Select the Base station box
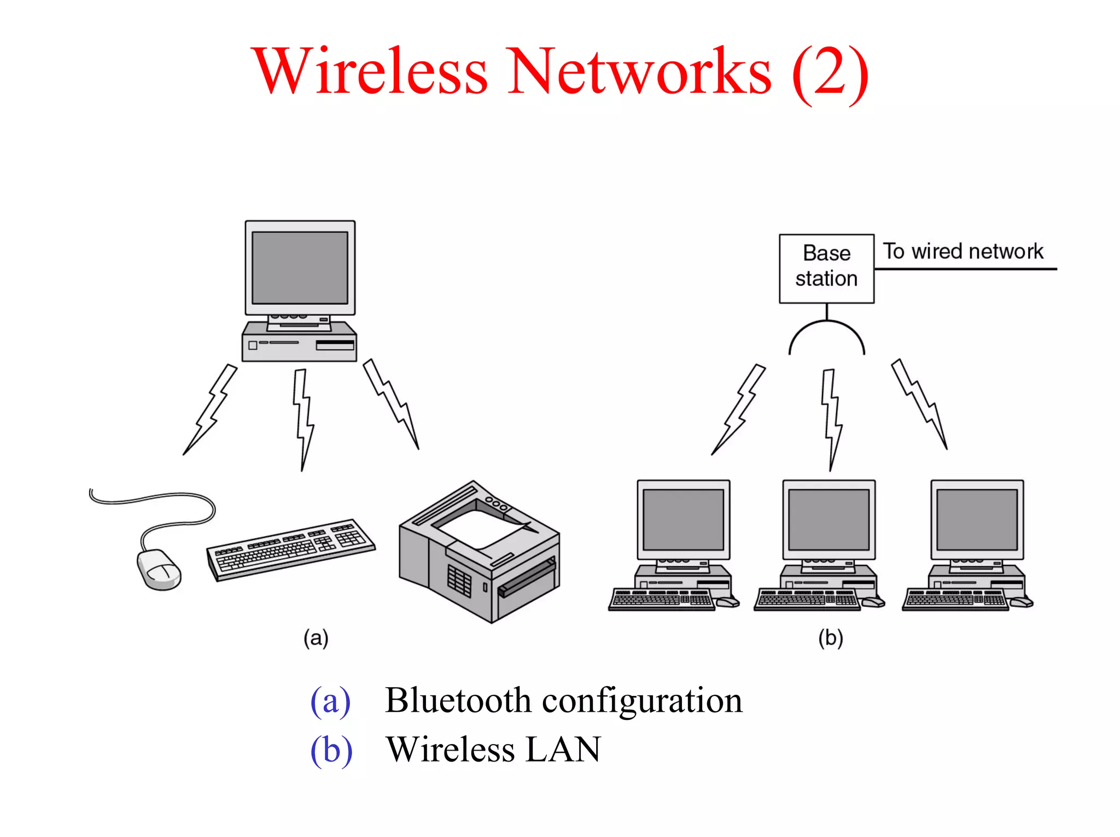(x=826, y=268)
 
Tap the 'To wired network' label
(x=963, y=251)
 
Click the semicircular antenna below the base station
(x=826, y=333)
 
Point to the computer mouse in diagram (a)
(x=158, y=569)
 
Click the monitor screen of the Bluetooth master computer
(x=300, y=267)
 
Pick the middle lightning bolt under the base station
(x=831, y=418)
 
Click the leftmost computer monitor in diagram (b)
(x=683, y=519)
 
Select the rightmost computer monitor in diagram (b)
(x=977, y=519)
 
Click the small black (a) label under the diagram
(x=316, y=638)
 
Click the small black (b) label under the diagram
(x=830, y=638)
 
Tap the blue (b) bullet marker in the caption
(x=331, y=751)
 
